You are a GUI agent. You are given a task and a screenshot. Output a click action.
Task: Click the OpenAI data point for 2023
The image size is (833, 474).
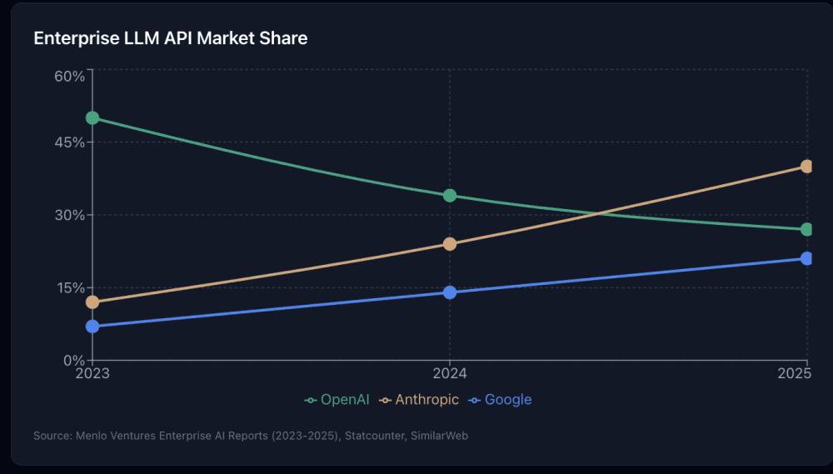tap(92, 117)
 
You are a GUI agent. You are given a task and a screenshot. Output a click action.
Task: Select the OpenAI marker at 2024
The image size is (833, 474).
tap(450, 196)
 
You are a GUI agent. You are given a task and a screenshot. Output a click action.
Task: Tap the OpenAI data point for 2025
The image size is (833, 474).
tap(806, 229)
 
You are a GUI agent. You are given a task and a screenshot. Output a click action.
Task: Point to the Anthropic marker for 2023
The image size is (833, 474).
tap(92, 302)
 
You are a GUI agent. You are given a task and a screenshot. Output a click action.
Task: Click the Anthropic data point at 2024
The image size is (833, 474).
tap(450, 244)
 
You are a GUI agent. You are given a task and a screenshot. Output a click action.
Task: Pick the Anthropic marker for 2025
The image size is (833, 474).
tap(806, 167)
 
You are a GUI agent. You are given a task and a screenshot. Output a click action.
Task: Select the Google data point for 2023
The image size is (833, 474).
tap(92, 327)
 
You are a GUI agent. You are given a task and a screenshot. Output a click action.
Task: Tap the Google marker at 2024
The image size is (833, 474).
tap(450, 292)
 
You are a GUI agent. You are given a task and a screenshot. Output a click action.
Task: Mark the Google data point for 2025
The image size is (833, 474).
tap(806, 258)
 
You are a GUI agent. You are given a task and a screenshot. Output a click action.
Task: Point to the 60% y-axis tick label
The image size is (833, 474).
tap(70, 77)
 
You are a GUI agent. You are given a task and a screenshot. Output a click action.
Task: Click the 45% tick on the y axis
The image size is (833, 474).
tap(70, 142)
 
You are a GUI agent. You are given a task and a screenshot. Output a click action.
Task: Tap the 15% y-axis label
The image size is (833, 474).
tap(70, 288)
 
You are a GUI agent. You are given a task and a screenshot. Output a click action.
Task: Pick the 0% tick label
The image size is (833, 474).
tap(73, 361)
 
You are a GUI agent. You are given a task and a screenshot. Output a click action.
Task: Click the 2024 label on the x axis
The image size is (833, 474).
tap(450, 373)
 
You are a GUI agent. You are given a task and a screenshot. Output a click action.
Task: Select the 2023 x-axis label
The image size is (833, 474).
tap(92, 373)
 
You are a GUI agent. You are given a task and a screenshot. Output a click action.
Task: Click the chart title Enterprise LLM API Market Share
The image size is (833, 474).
tap(170, 38)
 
